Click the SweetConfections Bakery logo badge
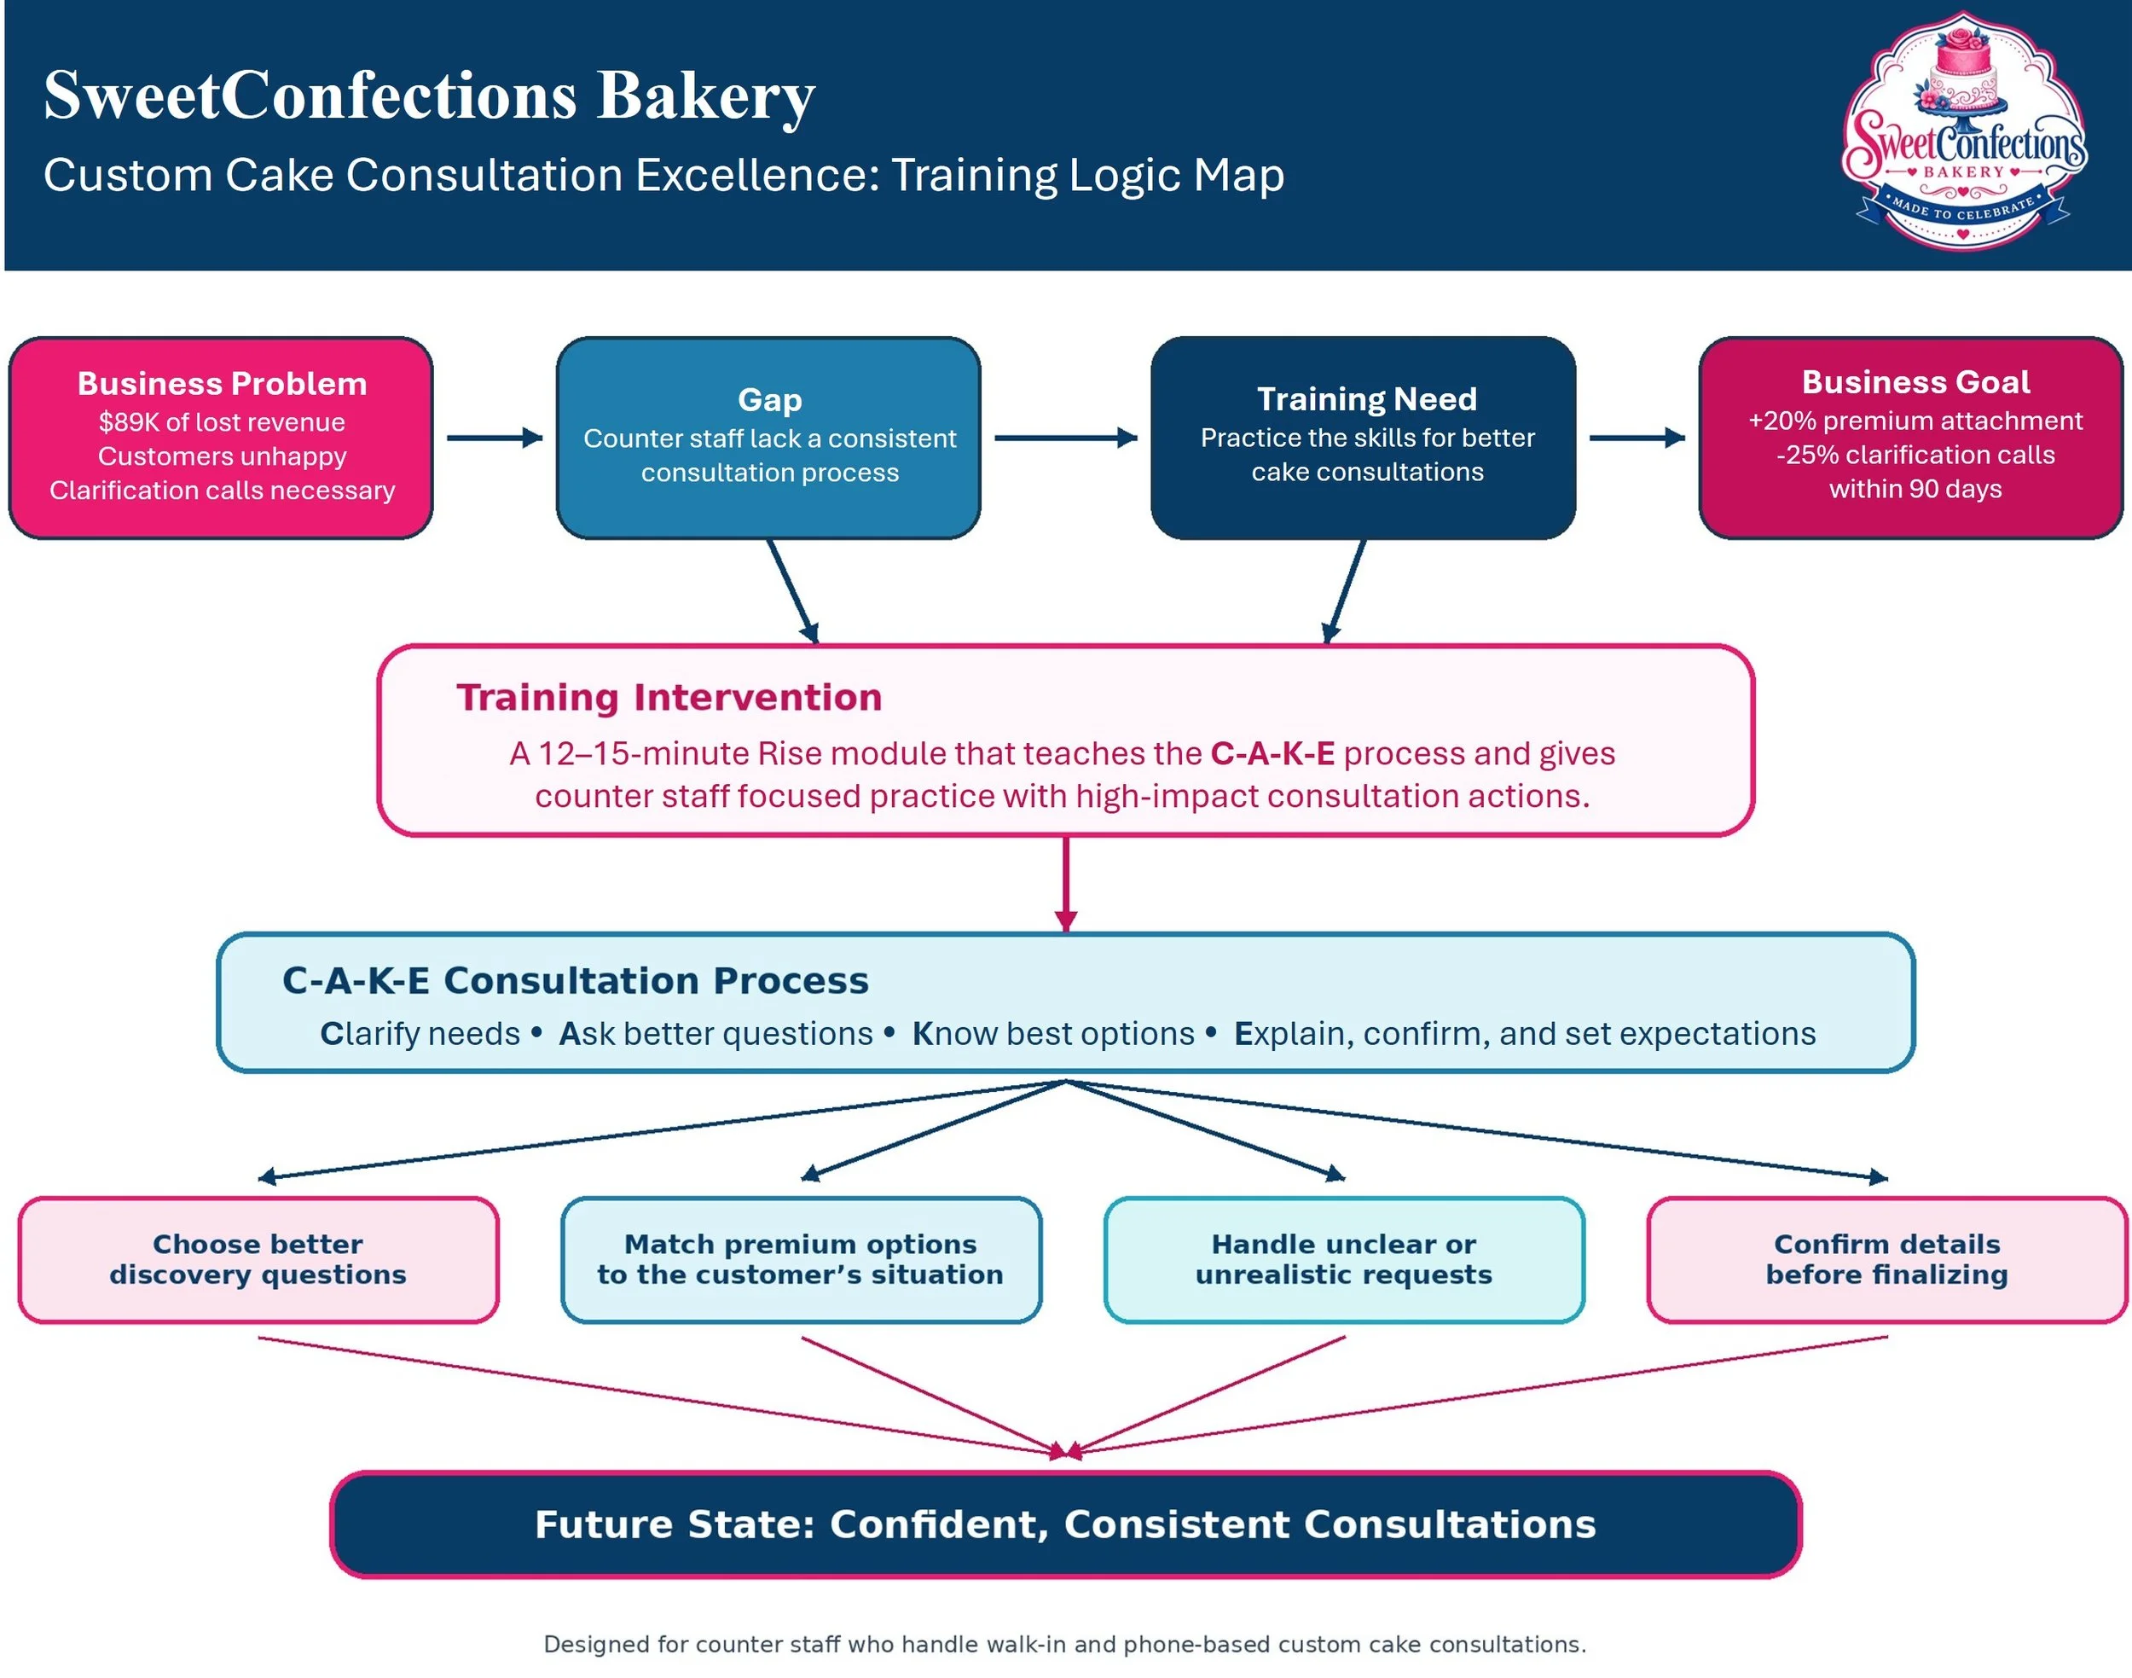pyautogui.click(x=1963, y=131)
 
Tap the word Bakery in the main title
pyautogui.click(x=705, y=96)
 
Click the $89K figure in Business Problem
pyautogui.click(x=129, y=421)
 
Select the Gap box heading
pyautogui.click(x=770, y=400)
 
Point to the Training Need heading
pyautogui.click(x=1366, y=399)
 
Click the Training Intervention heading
pyautogui.click(x=669, y=698)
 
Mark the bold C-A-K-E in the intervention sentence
pyautogui.click(x=1272, y=753)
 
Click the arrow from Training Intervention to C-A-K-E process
pyautogui.click(x=1065, y=883)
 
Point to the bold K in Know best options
pyautogui.click(x=922, y=1034)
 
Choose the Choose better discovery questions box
pyautogui.click(x=258, y=1259)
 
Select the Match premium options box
pyautogui.click(x=801, y=1259)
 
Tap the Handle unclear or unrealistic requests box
pyautogui.click(x=1343, y=1259)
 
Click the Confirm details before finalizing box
pyautogui.click(x=1886, y=1259)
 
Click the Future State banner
pyautogui.click(x=1065, y=1524)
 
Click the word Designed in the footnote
pyautogui.click(x=596, y=1645)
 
